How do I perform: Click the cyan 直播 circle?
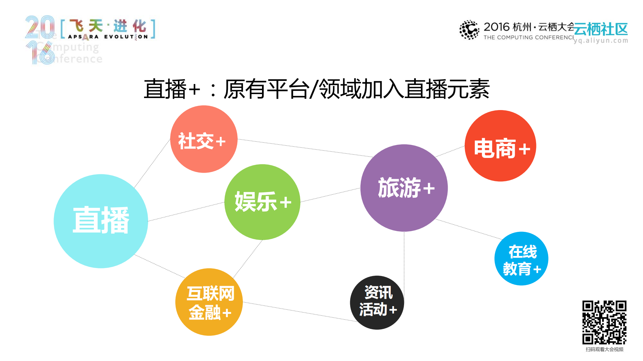[101, 221]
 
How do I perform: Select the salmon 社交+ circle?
[204, 139]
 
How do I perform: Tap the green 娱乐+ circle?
[262, 202]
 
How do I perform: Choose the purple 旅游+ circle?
[404, 188]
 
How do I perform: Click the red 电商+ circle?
[500, 146]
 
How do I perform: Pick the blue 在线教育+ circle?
[521, 259]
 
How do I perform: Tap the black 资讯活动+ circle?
[377, 302]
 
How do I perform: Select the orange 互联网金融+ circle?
[209, 302]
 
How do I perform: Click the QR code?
[604, 322]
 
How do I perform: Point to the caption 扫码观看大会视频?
[604, 349]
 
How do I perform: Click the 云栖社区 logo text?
[601, 29]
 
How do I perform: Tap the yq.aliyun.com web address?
[601, 41]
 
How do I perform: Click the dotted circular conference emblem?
[469, 30]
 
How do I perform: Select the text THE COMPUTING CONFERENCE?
[528, 37]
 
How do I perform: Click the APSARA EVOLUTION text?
[108, 37]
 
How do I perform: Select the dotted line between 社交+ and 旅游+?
[305, 148]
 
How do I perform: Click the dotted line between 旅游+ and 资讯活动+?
[404, 261]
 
